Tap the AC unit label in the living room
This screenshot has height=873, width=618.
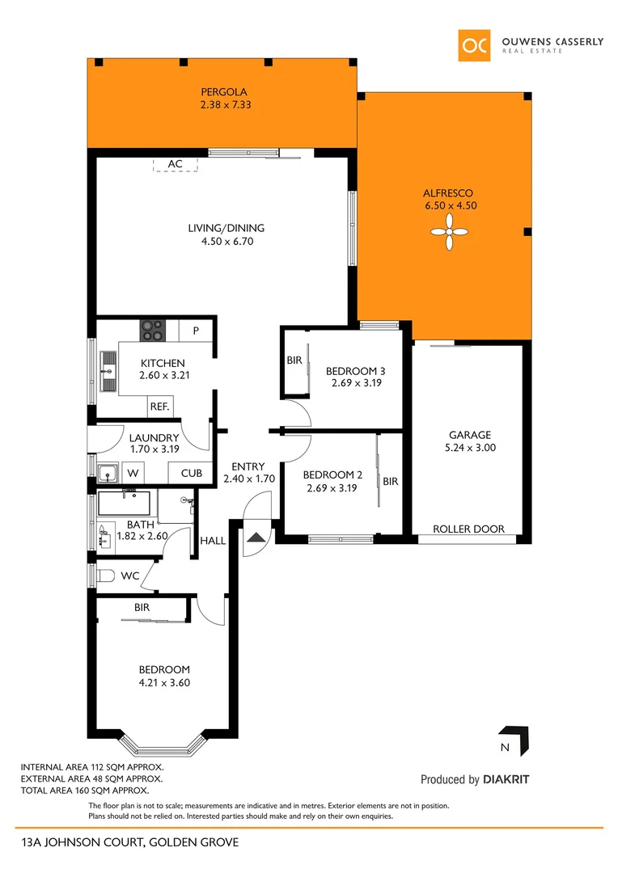click(176, 164)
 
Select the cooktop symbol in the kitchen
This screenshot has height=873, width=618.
click(153, 330)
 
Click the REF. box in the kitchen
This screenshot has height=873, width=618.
click(159, 407)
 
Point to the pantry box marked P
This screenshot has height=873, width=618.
click(196, 331)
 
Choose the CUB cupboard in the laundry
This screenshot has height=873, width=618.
click(191, 473)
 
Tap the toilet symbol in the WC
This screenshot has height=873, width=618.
click(104, 576)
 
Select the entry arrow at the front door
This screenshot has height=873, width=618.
click(256, 538)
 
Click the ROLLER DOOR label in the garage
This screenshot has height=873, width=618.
click(468, 529)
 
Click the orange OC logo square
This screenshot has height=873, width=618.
click(474, 46)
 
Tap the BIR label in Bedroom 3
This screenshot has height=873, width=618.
click(294, 361)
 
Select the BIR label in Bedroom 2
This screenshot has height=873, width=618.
click(391, 481)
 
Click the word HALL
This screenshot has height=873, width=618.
click(214, 541)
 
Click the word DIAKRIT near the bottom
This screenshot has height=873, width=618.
click(506, 780)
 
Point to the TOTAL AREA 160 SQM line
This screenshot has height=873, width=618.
click(84, 791)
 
